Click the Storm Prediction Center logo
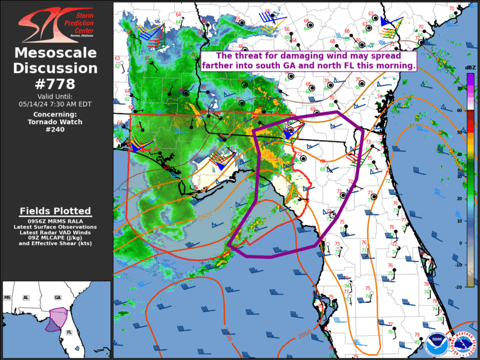pos(55,24)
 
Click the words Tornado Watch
pos(55,122)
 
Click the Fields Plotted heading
pos(55,211)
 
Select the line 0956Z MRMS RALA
pos(55,221)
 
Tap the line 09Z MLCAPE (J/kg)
pos(55,237)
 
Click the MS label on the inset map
pos(8,298)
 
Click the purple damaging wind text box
pos(309,61)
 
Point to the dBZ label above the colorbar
pos(470,68)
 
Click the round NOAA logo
pos(436,341)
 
